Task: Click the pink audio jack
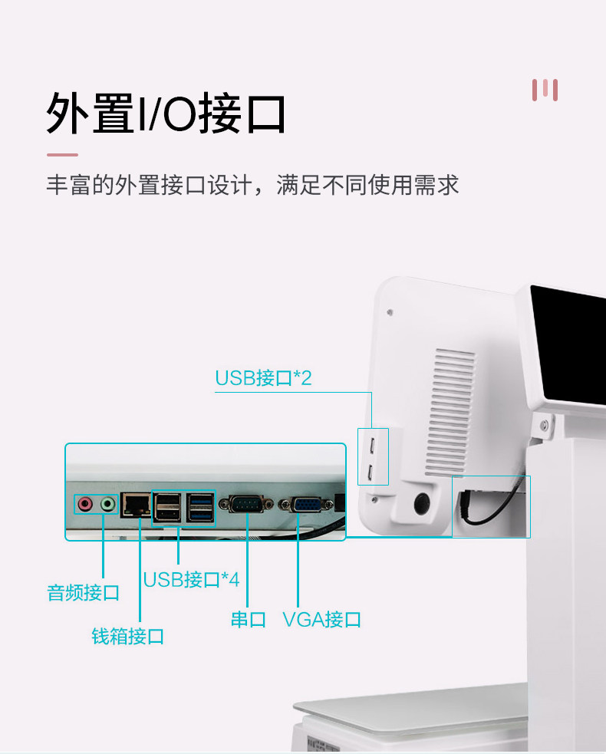click(84, 504)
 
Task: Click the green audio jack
click(108, 504)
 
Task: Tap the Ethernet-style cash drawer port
click(136, 504)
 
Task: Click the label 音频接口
click(84, 592)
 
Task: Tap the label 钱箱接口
click(128, 636)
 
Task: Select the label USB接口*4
click(191, 579)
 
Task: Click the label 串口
click(248, 619)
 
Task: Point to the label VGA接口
click(321, 619)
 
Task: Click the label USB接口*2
click(263, 377)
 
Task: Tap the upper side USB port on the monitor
click(372, 446)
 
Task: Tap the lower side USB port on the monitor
click(372, 472)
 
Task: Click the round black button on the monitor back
click(421, 504)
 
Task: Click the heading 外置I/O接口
click(166, 115)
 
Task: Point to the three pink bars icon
click(545, 90)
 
